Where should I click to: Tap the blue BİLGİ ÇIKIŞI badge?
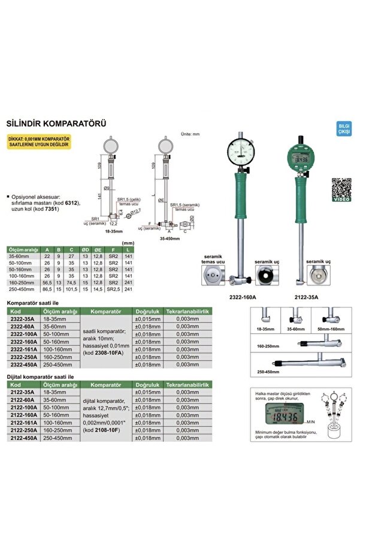pos(344,129)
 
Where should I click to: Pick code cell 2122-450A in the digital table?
pos(24,438)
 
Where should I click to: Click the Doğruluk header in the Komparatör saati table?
pos(147,312)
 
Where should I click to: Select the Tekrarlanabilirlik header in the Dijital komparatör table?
pos(187,384)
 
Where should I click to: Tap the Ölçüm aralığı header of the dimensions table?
pos(23,249)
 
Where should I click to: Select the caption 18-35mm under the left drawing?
pos(113,230)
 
